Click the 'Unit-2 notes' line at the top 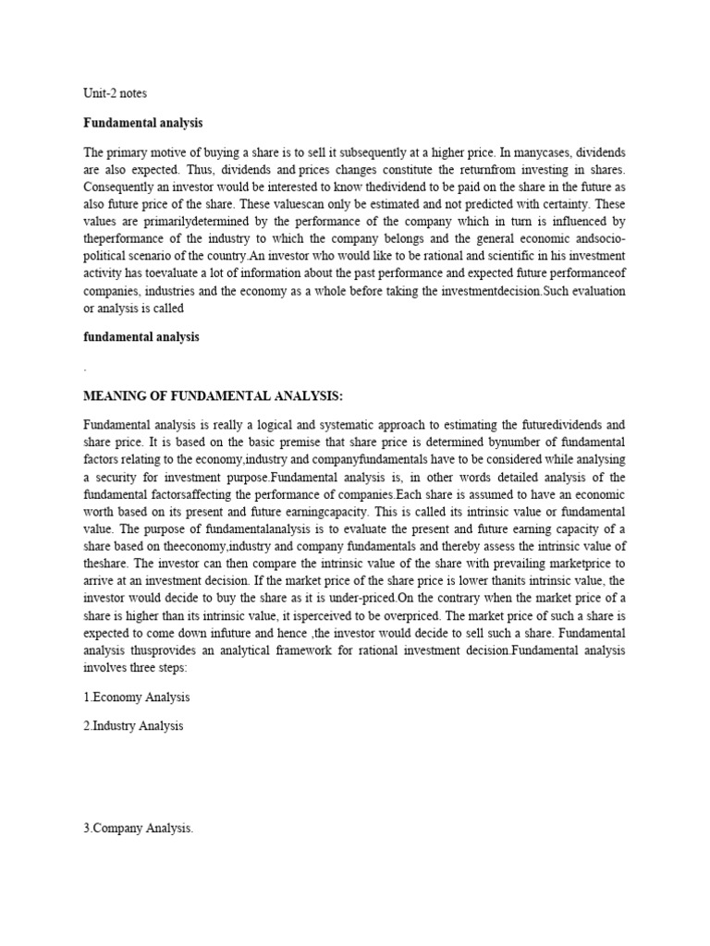point(115,93)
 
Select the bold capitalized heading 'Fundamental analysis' point(142,122)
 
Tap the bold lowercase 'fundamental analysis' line point(141,337)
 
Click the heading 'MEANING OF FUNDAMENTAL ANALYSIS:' point(213,396)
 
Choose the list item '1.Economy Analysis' point(136,697)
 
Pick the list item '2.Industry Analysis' point(133,726)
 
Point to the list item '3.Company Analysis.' point(139,829)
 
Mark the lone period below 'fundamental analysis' point(85,369)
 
